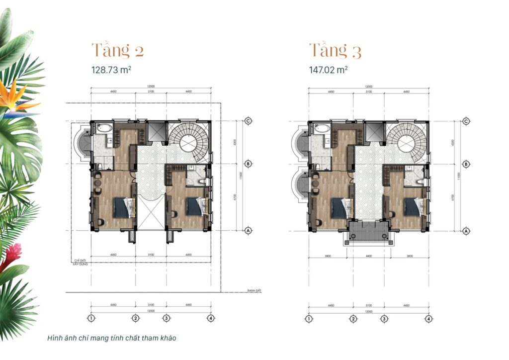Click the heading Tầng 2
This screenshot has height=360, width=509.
118,51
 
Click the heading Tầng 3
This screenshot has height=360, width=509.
335,51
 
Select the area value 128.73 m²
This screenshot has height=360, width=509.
111,70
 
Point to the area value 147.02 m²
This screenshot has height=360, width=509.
328,70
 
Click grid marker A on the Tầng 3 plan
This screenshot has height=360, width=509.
466,231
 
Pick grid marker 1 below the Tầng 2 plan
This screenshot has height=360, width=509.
91,318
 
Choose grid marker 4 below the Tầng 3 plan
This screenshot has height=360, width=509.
428,319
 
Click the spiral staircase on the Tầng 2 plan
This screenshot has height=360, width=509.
190,142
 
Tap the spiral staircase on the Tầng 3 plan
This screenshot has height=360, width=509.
408,142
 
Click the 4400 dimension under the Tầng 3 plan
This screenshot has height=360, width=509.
368,255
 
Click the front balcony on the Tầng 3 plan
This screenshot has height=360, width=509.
368,233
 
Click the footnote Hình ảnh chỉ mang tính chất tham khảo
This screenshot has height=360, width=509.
112,338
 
